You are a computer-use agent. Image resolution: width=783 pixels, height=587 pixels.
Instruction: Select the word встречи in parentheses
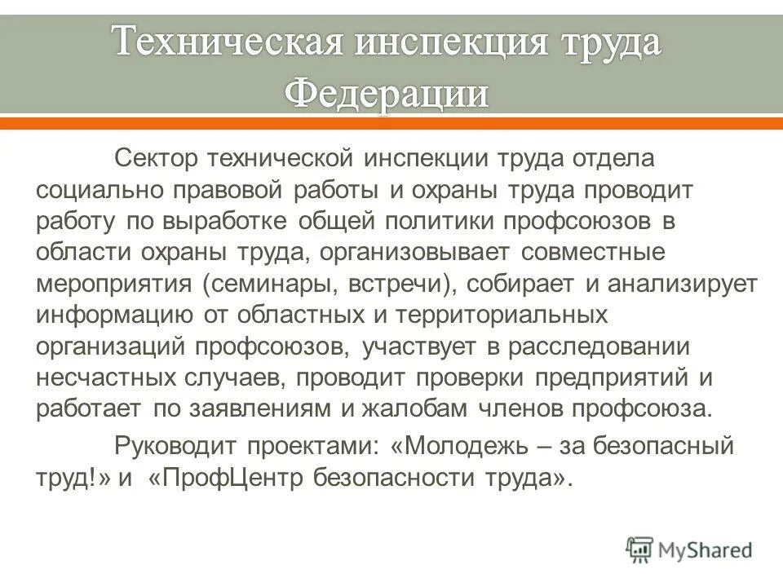[x=393, y=284]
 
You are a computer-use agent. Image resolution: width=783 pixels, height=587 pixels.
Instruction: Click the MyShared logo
[x=689, y=549]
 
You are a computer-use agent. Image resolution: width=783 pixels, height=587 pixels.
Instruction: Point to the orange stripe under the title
[x=391, y=123]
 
